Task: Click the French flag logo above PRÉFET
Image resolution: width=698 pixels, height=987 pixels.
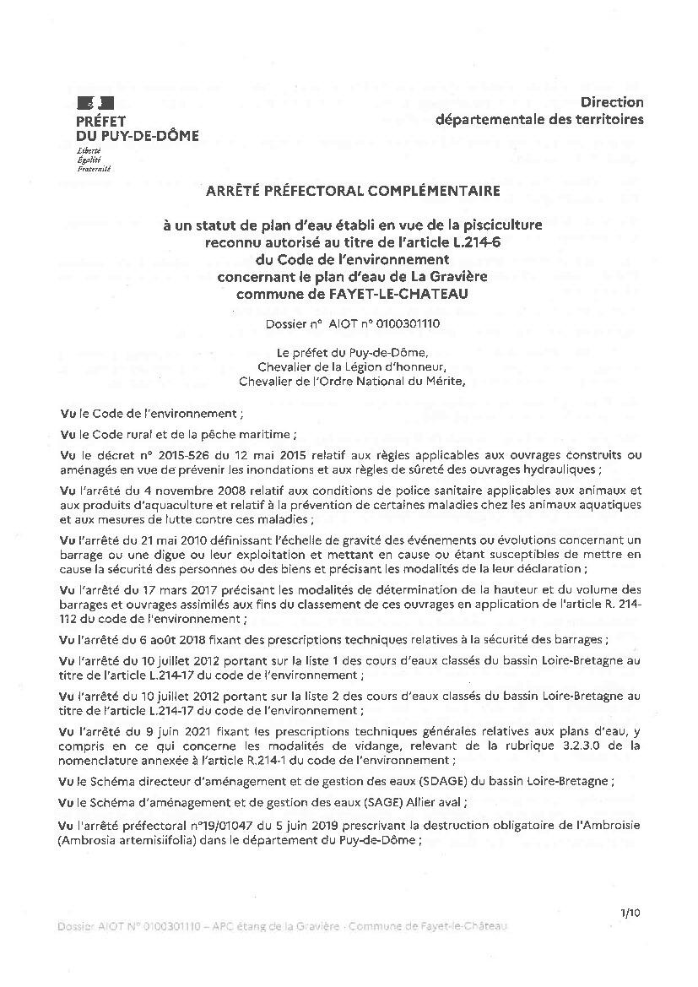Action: tap(89, 104)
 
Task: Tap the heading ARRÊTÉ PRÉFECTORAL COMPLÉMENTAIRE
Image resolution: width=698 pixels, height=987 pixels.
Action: tap(353, 192)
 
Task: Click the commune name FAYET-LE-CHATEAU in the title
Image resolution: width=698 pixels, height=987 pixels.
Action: tap(399, 294)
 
